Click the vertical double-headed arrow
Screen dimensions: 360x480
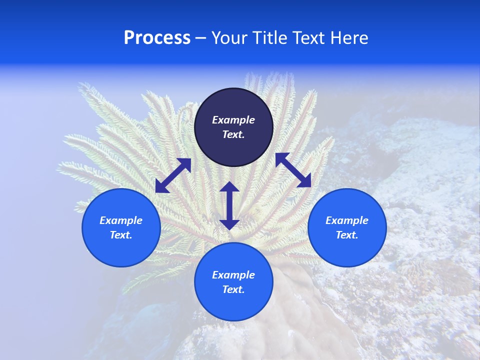[x=229, y=205]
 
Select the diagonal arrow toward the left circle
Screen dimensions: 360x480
[x=173, y=175]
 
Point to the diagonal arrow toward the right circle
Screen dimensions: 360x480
[x=293, y=170]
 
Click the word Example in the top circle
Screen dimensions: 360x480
[x=233, y=120]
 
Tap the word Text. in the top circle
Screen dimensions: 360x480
[x=233, y=134]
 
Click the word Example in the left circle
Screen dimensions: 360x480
[x=121, y=220]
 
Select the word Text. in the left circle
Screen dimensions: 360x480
[x=121, y=235]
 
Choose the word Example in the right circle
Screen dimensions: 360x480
[x=347, y=220]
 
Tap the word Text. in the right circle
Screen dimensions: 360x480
[x=347, y=235]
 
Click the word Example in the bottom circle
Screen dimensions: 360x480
[x=233, y=275]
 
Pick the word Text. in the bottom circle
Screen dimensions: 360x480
[x=233, y=289]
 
